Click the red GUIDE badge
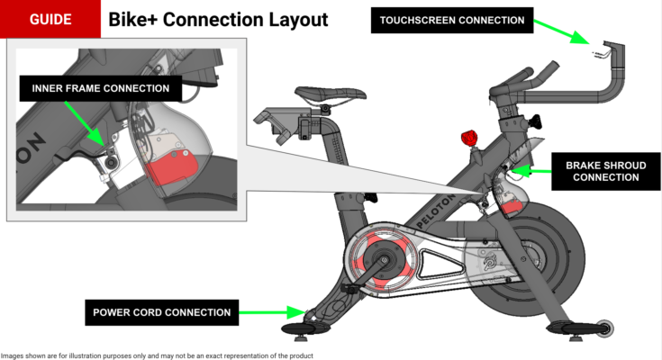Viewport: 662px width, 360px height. click(x=50, y=19)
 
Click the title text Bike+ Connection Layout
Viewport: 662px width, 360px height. click(x=219, y=19)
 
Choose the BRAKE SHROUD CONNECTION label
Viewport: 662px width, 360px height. click(x=603, y=171)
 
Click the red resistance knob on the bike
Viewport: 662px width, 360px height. click(x=467, y=138)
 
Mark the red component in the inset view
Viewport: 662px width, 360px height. click(x=170, y=168)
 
